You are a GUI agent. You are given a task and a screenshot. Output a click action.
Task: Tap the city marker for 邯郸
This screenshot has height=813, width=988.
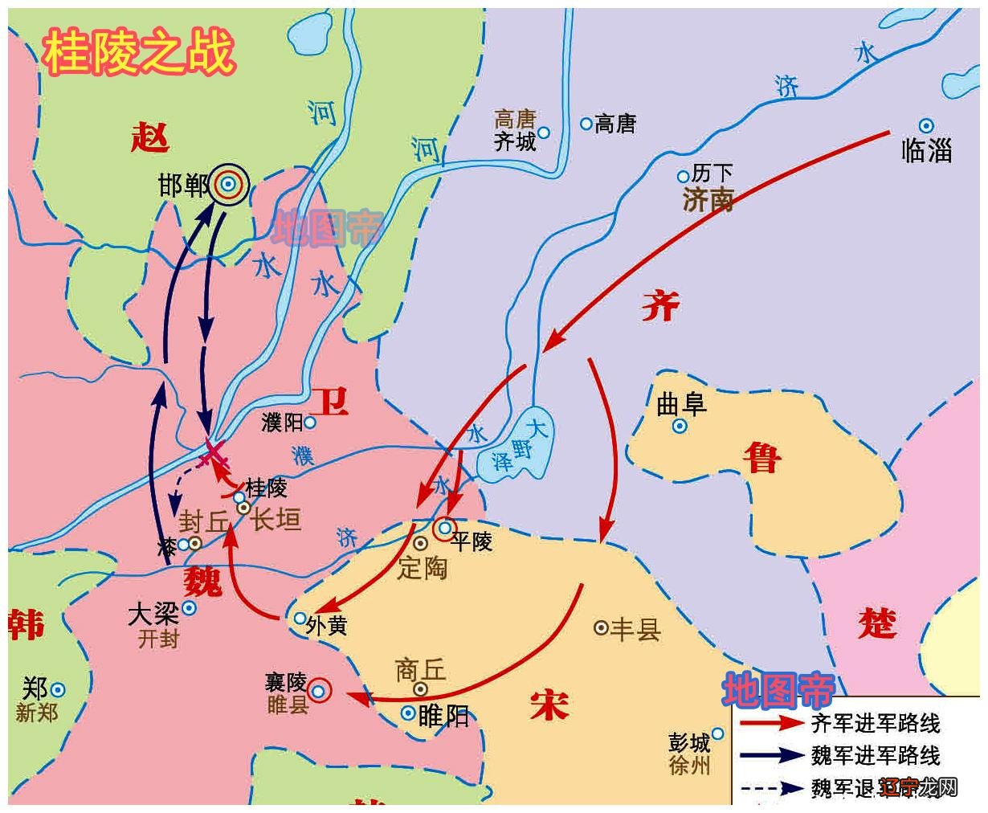229,186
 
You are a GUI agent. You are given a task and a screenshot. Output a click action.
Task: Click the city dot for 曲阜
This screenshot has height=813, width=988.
680,427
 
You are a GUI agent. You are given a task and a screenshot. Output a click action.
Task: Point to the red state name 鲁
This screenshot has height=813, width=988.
760,459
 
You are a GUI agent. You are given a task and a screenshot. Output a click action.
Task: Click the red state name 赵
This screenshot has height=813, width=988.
150,137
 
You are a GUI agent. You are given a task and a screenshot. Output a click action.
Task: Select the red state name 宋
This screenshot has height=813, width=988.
549,705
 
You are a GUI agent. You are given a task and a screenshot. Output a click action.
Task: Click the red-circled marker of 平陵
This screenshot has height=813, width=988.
444,529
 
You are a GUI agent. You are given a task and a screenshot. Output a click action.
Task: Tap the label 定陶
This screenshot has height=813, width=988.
423,568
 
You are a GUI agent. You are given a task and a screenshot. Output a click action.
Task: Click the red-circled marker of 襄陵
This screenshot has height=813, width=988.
319,691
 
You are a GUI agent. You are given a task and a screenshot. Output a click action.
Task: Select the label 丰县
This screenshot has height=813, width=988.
635,628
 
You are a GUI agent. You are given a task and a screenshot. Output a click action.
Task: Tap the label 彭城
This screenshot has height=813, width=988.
689,742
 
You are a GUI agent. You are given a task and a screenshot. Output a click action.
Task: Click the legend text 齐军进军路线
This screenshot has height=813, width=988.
876,723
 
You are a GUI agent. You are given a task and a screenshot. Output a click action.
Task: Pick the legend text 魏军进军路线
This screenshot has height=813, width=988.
876,755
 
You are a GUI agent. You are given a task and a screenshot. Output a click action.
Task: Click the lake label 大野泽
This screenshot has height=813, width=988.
522,446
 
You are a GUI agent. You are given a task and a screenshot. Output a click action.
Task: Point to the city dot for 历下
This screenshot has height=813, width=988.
684,176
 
